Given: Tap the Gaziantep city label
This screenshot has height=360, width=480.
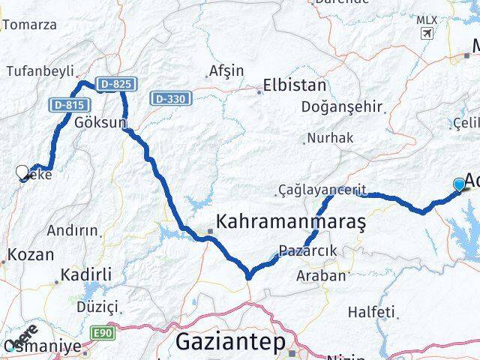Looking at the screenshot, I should (x=230, y=343).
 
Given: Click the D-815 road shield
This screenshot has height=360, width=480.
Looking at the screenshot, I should (x=68, y=104).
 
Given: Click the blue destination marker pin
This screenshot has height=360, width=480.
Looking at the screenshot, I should (x=459, y=184).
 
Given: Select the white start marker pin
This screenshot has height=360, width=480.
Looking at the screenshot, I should (x=22, y=172).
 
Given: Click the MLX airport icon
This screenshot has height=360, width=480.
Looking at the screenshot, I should (x=427, y=34).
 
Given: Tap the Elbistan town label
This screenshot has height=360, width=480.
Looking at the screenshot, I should (x=295, y=85).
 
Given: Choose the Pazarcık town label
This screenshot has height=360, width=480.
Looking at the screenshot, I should (x=307, y=250).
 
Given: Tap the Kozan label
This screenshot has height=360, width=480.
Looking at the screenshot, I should (x=31, y=254).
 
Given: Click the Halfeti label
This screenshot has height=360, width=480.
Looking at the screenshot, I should (x=372, y=311).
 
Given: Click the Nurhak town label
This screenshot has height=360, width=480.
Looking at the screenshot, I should (x=331, y=138).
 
